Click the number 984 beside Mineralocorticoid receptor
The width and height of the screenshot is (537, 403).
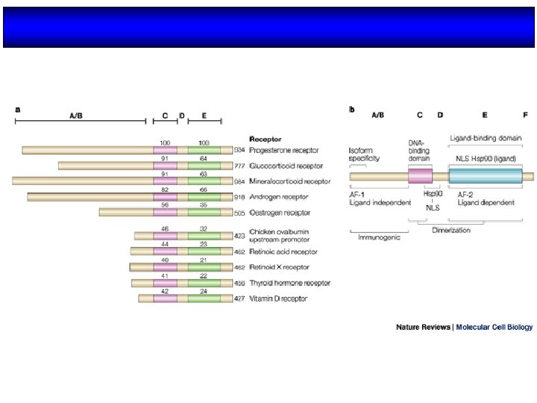[239, 181]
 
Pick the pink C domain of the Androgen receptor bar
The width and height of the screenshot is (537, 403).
[165, 197]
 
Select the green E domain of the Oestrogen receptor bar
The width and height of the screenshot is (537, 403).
[204, 212]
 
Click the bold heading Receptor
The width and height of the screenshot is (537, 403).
[266, 139]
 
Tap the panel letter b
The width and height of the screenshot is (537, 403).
[352, 110]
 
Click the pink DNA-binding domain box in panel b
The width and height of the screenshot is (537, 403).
[420, 176]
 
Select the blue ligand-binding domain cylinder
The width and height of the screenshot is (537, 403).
[485, 176]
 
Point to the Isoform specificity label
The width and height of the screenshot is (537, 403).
[364, 154]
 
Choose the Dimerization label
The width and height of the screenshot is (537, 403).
[452, 230]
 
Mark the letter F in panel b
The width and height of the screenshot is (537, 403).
[525, 115]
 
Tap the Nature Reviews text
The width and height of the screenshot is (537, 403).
[423, 327]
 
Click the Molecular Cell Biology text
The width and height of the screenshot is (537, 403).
[494, 327]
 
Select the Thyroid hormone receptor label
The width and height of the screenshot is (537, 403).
[283, 283]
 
